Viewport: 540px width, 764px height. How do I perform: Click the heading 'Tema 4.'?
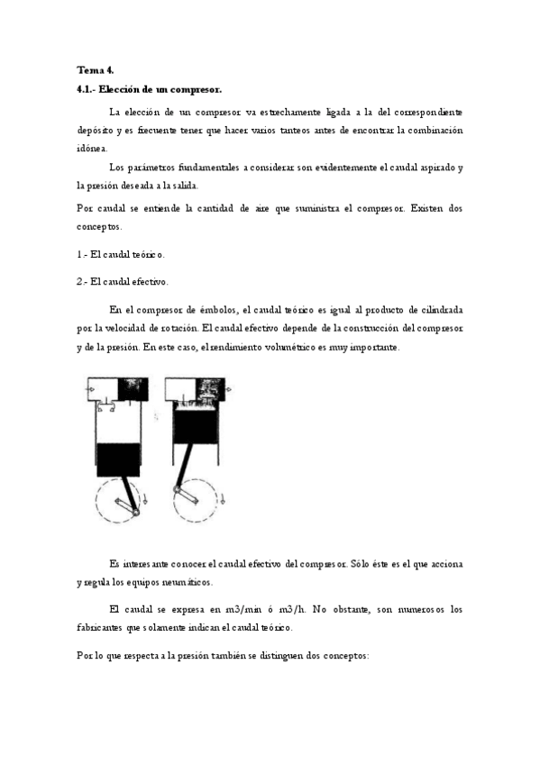point(95,70)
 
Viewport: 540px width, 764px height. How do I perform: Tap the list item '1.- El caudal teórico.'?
point(121,255)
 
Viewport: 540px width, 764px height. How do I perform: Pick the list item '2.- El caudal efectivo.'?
point(123,281)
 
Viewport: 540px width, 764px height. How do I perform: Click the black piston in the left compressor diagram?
point(117,459)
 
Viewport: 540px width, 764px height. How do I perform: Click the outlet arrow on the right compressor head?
point(228,388)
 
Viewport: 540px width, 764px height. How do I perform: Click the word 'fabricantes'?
point(106,627)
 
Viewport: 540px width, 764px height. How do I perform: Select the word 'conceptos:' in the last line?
point(342,657)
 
